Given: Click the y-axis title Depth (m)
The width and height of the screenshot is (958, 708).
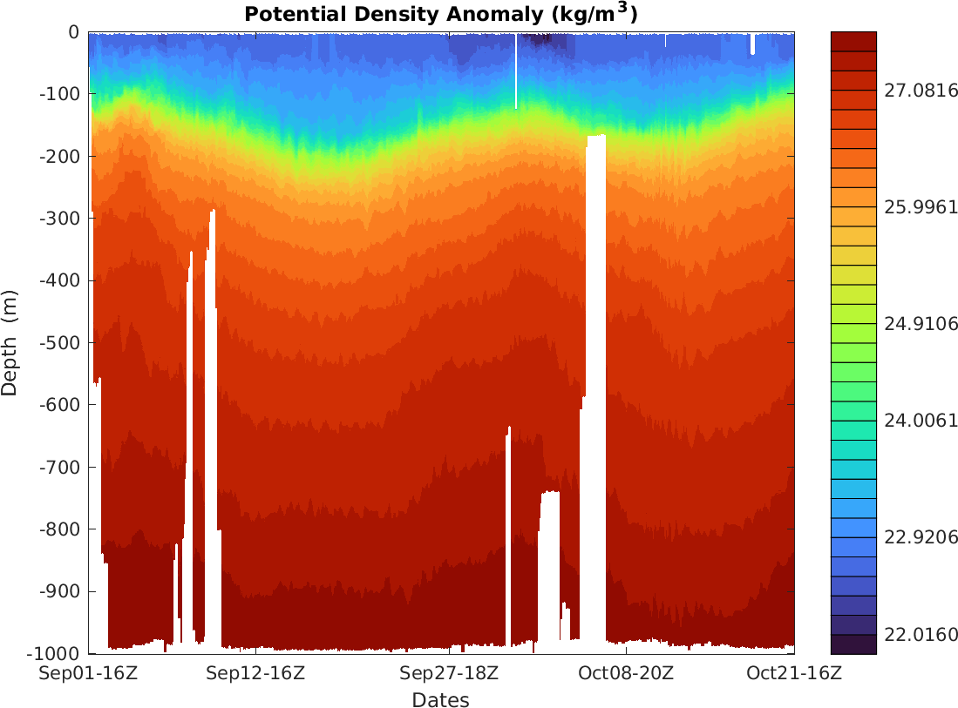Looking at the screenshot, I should pos(10,342).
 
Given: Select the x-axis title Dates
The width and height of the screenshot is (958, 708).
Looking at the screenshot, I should pos(440,699).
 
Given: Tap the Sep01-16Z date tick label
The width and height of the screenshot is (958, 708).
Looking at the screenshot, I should pos(90,673).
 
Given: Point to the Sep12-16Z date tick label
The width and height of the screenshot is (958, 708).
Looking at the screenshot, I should pos(255,673).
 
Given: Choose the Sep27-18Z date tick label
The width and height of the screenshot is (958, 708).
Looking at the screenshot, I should pos(449,673).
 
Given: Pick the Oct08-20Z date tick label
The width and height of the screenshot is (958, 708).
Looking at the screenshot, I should pos(626,673).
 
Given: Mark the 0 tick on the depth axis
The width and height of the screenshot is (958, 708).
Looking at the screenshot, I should pos(73,32).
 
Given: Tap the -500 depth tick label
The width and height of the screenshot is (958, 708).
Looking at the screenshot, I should pos(62,343).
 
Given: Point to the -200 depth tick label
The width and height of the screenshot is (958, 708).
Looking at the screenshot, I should pos(62,157).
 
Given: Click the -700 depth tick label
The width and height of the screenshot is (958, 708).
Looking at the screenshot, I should pos(62,468).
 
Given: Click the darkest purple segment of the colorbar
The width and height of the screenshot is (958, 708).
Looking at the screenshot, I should pos(853,644).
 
